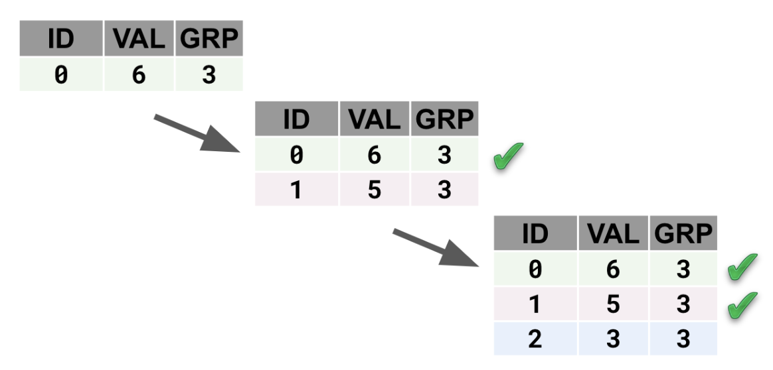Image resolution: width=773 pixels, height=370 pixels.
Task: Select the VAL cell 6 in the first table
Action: [x=138, y=75]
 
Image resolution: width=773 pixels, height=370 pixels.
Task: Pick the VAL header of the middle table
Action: [x=374, y=120]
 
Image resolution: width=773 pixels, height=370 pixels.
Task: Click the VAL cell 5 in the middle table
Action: [x=374, y=190]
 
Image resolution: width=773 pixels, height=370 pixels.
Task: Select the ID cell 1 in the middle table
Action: [x=296, y=190]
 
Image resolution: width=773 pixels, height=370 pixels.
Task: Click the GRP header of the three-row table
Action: [x=683, y=234]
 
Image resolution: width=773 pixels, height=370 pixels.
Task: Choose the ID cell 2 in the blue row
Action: [x=535, y=339]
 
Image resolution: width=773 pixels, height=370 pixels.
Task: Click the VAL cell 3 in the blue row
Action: [x=613, y=339]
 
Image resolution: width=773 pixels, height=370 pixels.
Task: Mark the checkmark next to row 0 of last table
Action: [x=743, y=269]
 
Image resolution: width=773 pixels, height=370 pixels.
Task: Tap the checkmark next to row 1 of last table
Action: [x=743, y=304]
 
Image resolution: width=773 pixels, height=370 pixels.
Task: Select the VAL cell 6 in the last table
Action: [x=613, y=269]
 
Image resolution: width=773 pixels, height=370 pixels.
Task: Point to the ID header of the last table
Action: [x=535, y=234]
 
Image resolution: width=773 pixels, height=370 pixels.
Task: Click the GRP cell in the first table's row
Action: [x=209, y=75]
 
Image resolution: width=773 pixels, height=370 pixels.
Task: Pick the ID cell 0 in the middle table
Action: [x=296, y=155]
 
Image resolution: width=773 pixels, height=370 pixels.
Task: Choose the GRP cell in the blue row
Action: [x=683, y=339]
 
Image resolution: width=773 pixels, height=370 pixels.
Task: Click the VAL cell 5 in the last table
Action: [x=613, y=304]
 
